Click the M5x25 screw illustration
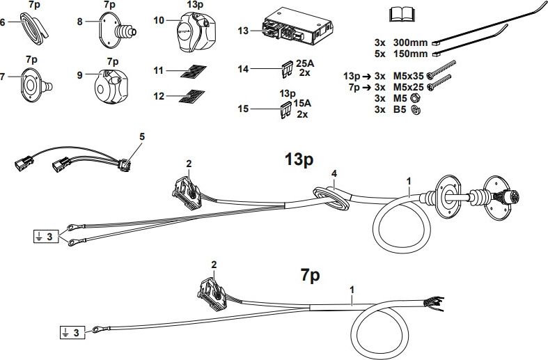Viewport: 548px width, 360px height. (441, 85)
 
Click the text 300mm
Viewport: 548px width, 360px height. (409, 41)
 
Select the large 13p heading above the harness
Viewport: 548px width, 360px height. (299, 160)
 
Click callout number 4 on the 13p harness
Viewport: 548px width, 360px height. (334, 173)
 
